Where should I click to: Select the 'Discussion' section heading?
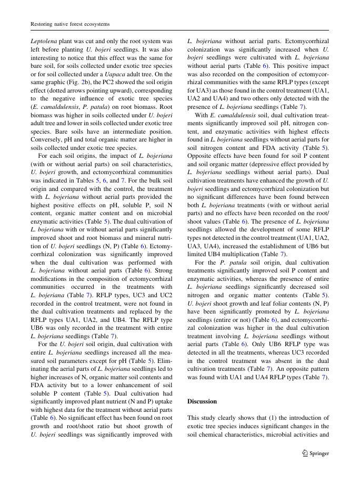(202, 401)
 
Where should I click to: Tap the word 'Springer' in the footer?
(319, 453)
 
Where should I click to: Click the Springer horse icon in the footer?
(305, 453)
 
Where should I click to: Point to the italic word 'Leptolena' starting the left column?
(44, 41)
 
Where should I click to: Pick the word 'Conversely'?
(46, 139)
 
